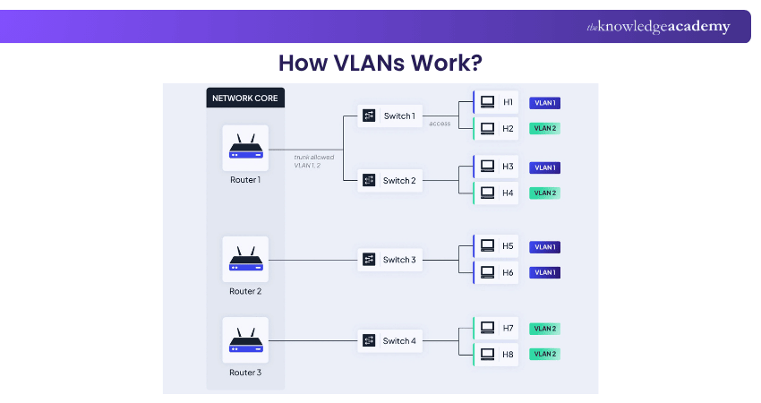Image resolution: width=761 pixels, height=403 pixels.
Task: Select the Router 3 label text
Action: click(x=245, y=373)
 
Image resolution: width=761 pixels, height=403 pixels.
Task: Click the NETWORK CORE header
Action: click(x=245, y=97)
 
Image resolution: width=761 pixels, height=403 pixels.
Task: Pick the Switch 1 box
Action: click(x=389, y=116)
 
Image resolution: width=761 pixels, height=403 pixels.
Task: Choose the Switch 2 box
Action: click(x=389, y=180)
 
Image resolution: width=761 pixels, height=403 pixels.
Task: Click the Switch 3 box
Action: click(x=389, y=260)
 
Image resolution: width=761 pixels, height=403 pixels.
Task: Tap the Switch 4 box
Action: click(x=389, y=340)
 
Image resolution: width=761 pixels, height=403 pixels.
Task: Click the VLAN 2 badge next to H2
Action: click(x=544, y=128)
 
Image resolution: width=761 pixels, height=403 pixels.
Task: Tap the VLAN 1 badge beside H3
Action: click(x=544, y=167)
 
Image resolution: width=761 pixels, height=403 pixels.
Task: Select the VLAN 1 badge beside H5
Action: click(x=544, y=247)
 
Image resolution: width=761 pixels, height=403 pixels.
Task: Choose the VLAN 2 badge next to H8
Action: click(x=544, y=354)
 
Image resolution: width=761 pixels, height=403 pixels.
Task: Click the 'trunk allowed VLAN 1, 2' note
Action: click(x=312, y=160)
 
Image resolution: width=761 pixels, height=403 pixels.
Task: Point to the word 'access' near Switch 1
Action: click(x=440, y=124)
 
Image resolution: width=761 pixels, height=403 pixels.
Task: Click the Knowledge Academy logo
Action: click(x=658, y=27)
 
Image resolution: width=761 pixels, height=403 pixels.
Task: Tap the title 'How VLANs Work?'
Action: click(x=380, y=63)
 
